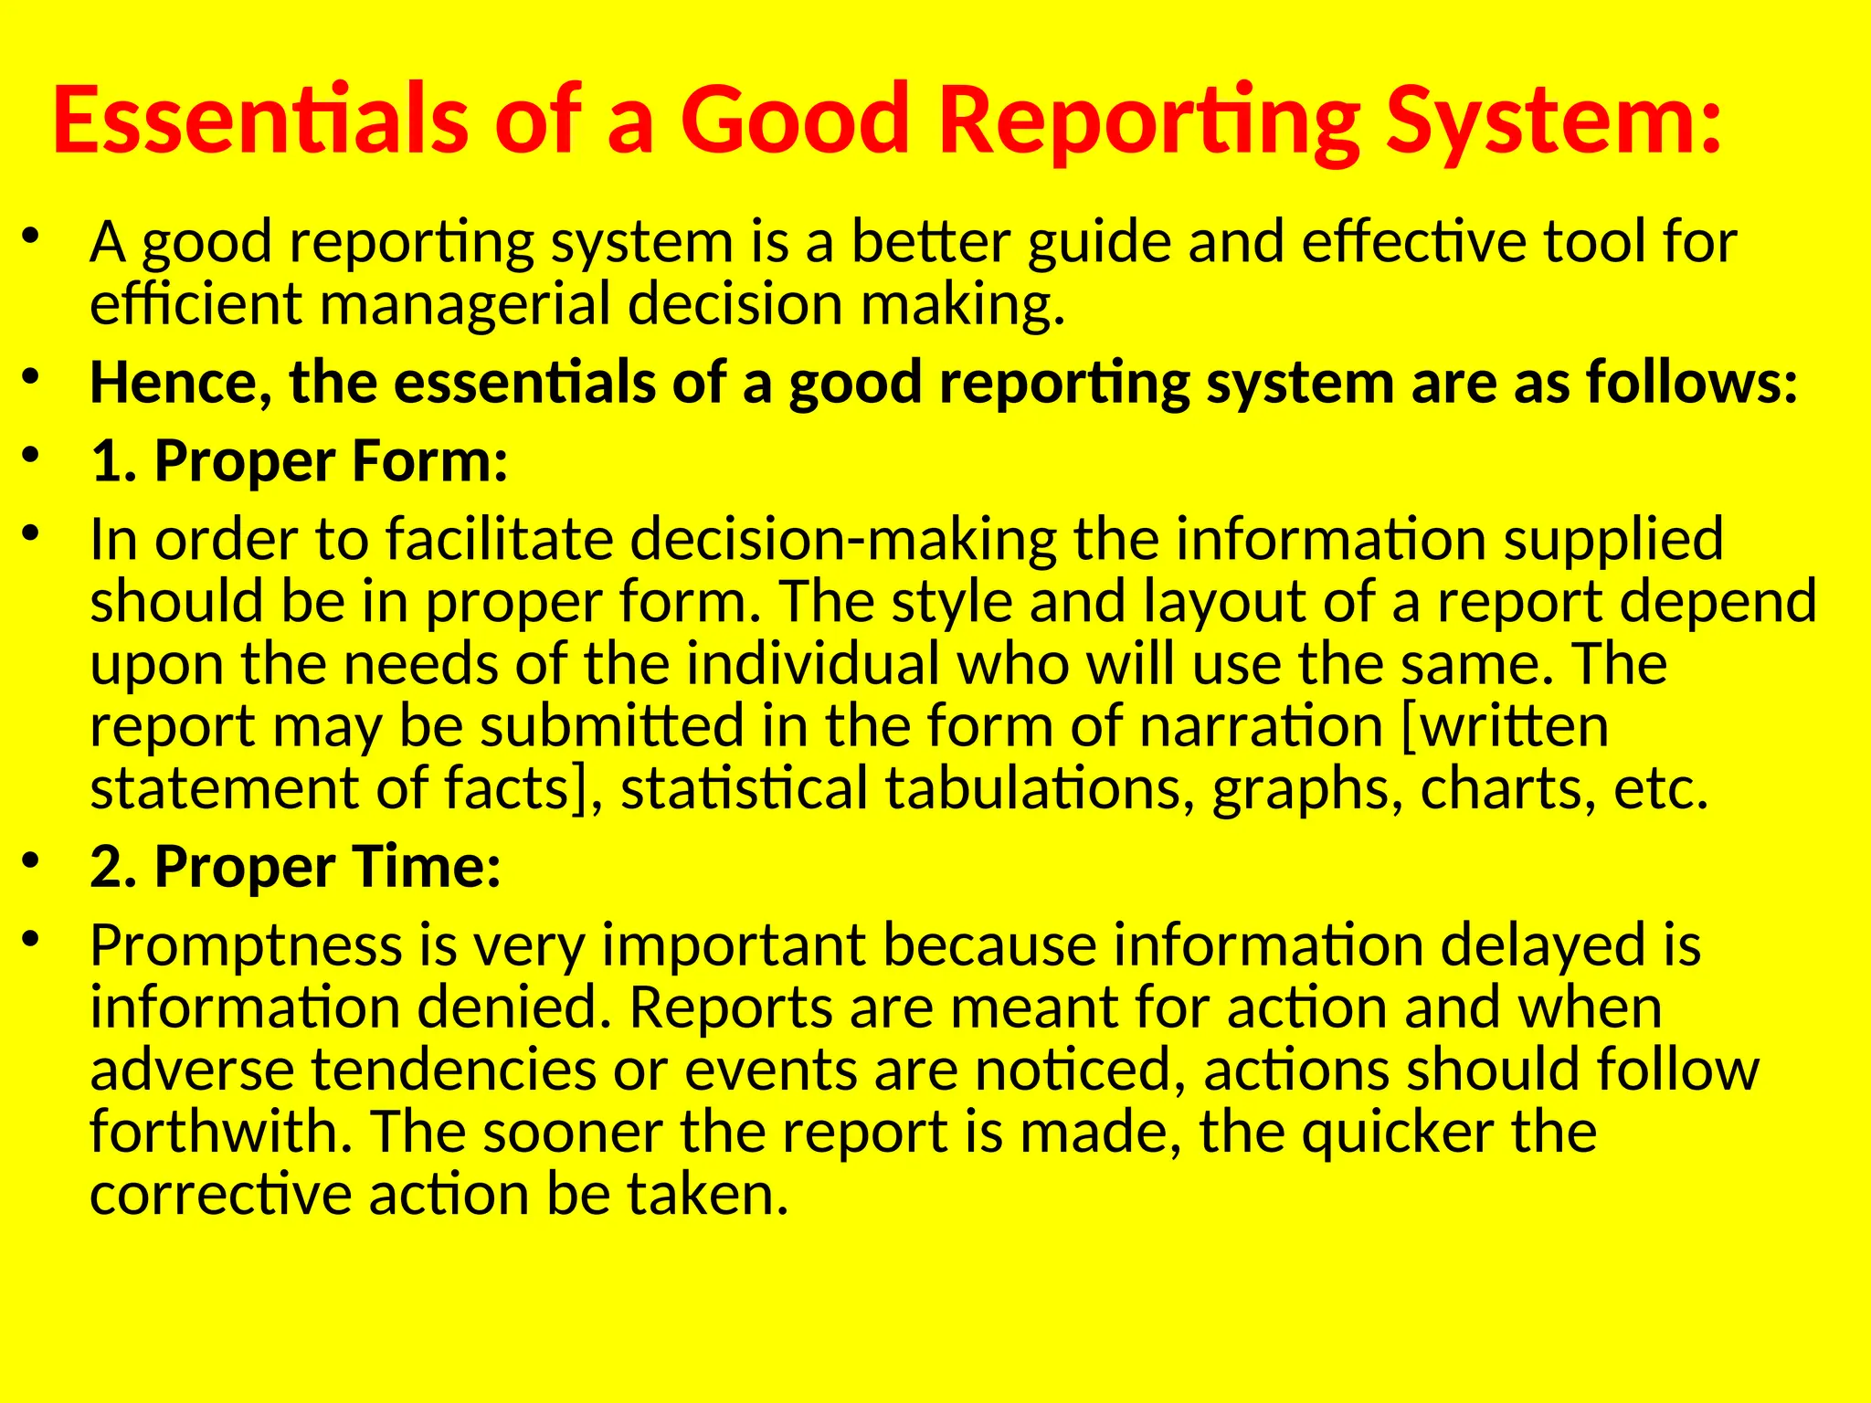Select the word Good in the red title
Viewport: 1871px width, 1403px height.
(x=793, y=121)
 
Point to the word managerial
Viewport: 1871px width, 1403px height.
(x=463, y=304)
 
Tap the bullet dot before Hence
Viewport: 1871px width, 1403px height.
(x=31, y=376)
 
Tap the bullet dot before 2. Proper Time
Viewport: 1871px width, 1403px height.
(x=31, y=860)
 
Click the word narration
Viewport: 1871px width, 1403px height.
(x=1261, y=727)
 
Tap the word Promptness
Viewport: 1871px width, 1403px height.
(x=246, y=947)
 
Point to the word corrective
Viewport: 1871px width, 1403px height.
(x=220, y=1195)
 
